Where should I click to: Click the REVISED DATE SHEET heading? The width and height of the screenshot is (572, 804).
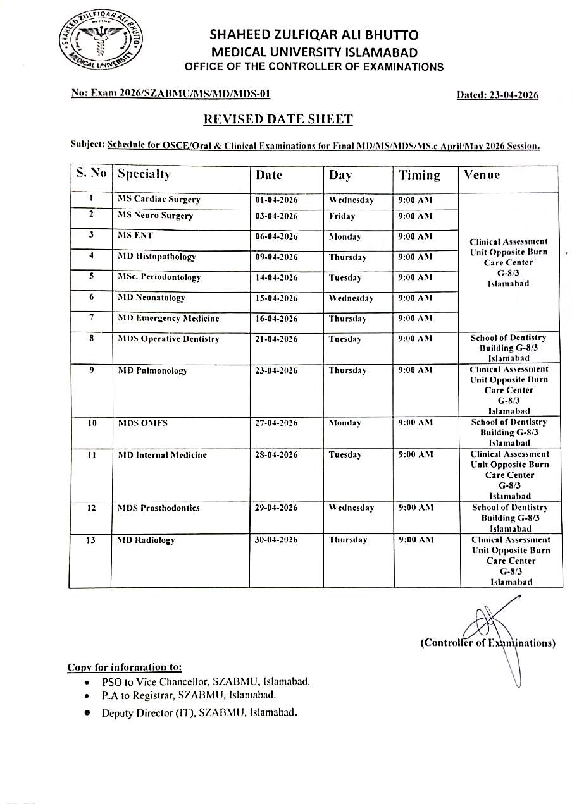click(278, 119)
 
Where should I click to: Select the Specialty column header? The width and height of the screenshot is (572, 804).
click(144, 174)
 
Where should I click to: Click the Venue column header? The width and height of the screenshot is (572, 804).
click(482, 174)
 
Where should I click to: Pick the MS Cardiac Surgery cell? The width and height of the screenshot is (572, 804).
click(159, 200)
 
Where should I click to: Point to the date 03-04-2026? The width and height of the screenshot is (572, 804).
click(277, 216)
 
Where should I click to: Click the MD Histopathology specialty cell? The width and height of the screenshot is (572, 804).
click(157, 257)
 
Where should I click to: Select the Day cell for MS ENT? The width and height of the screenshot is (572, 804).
click(345, 237)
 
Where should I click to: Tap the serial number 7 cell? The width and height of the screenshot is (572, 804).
click(91, 318)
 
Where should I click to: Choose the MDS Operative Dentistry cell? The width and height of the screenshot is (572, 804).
click(168, 339)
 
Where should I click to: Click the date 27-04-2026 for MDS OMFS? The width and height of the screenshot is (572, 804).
click(277, 423)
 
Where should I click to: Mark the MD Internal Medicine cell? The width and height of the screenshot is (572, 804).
click(162, 455)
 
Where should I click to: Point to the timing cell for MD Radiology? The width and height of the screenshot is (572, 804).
click(416, 540)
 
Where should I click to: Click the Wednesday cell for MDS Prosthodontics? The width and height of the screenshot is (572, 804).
click(351, 508)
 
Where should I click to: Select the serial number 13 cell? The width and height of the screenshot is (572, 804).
click(91, 540)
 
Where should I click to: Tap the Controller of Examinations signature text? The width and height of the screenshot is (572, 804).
click(488, 643)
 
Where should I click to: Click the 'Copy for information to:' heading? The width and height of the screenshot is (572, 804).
click(125, 667)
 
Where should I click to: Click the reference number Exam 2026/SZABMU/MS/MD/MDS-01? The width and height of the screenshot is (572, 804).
click(171, 94)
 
